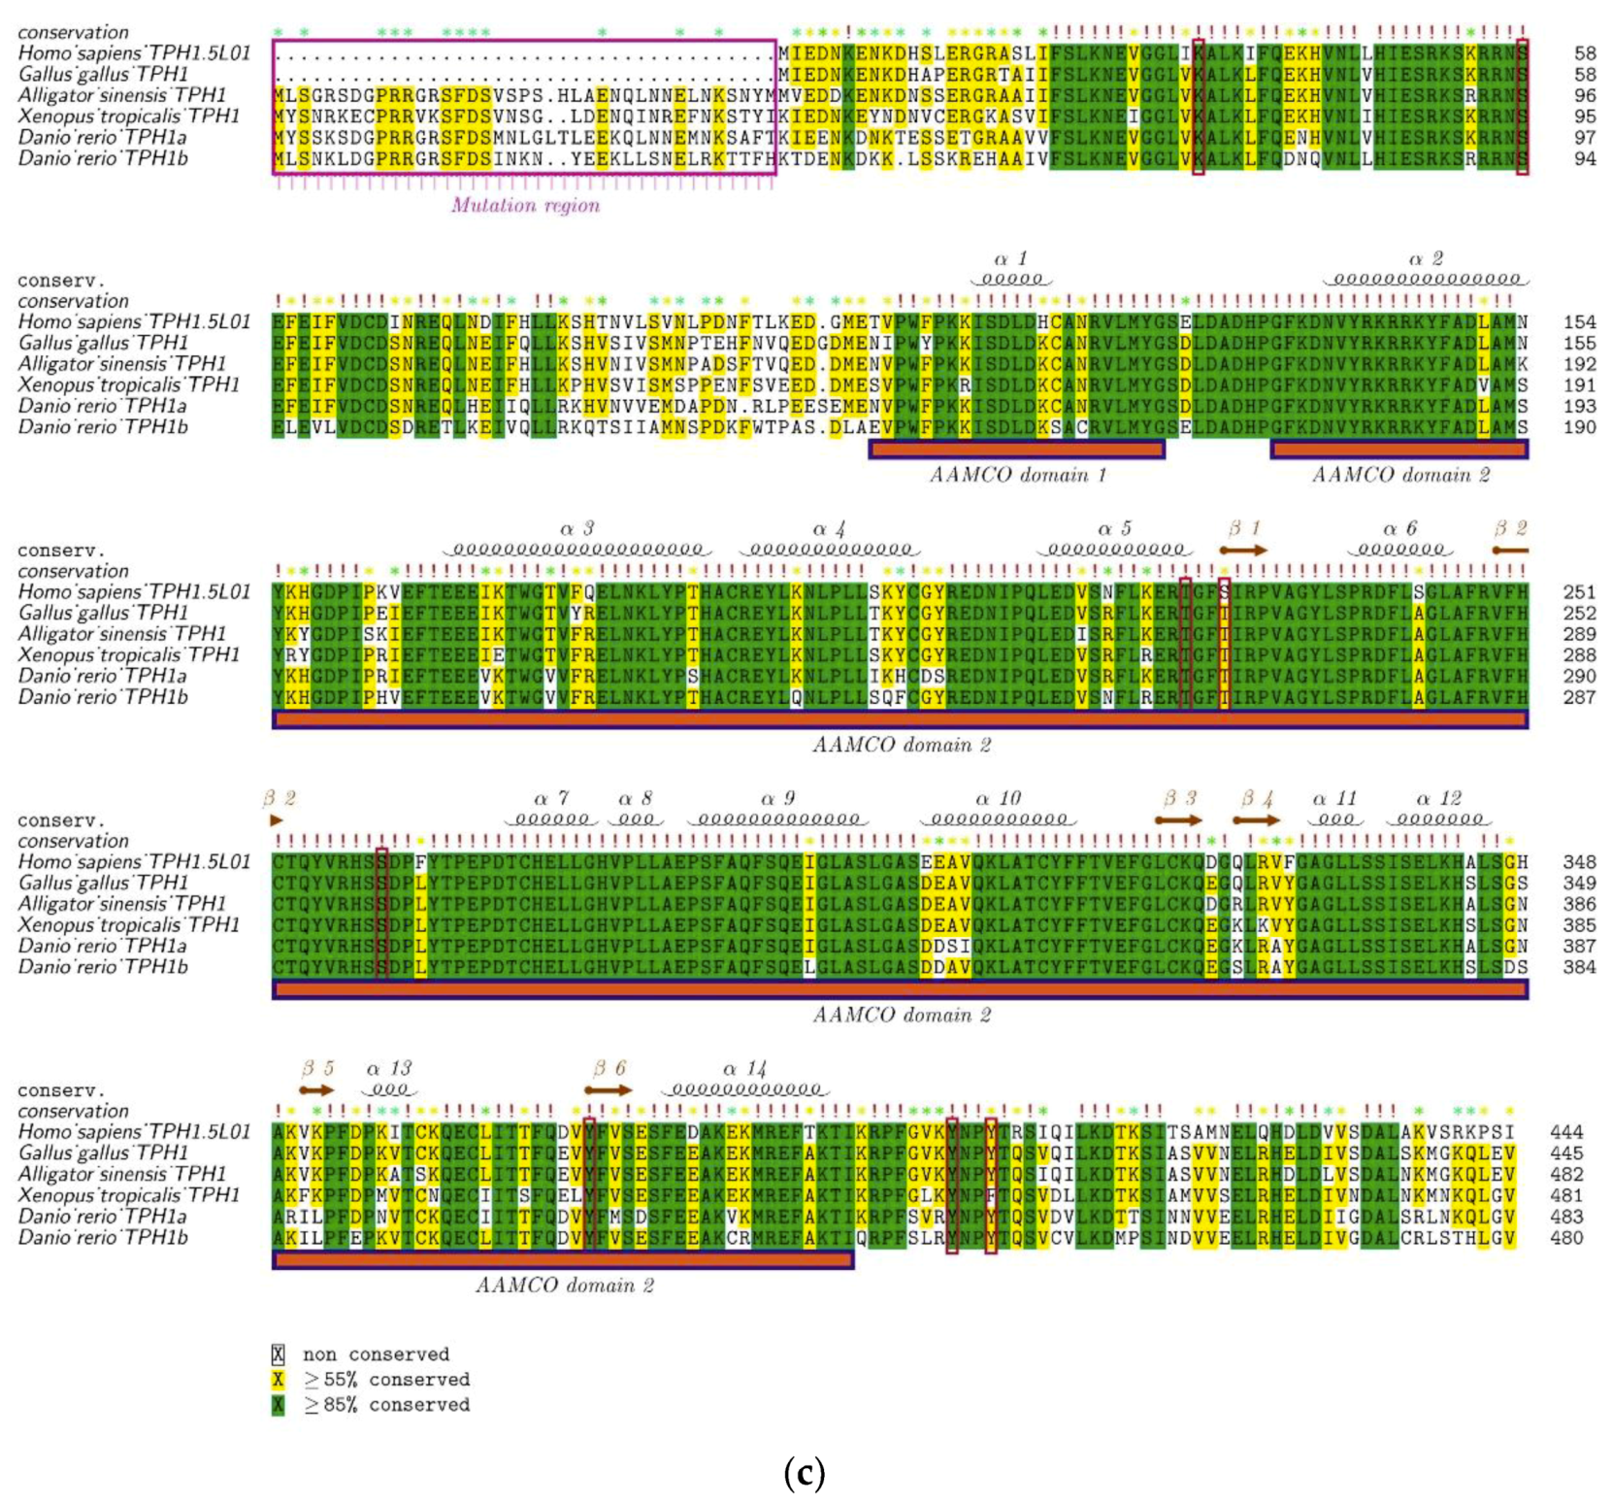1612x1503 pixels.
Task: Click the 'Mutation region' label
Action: click(x=525, y=205)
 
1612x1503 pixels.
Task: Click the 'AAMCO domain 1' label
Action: click(x=1017, y=475)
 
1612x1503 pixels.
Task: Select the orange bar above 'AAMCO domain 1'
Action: click(x=1016, y=450)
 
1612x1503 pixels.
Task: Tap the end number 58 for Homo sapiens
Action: click(x=1584, y=53)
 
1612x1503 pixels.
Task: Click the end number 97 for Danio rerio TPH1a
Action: click(x=1584, y=138)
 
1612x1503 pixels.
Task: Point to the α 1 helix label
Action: click(x=1010, y=259)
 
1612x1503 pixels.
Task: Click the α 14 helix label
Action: click(x=744, y=1069)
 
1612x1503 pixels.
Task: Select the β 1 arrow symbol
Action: click(x=1243, y=550)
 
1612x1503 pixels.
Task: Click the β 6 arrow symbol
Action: click(x=609, y=1089)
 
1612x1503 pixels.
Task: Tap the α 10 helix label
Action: click(x=998, y=799)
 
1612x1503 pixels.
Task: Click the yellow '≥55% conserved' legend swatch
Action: click(x=279, y=1380)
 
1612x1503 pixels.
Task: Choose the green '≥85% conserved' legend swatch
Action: click(x=279, y=1405)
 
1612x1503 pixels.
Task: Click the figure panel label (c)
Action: click(x=804, y=1473)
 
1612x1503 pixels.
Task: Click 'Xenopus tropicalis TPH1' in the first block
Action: click(x=129, y=117)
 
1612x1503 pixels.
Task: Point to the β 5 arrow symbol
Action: click(x=316, y=1089)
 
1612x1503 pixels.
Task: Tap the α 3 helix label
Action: click(x=576, y=529)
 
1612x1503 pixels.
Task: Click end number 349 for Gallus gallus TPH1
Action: click(x=1579, y=884)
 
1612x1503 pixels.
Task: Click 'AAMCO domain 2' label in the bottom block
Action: click(x=564, y=1286)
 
